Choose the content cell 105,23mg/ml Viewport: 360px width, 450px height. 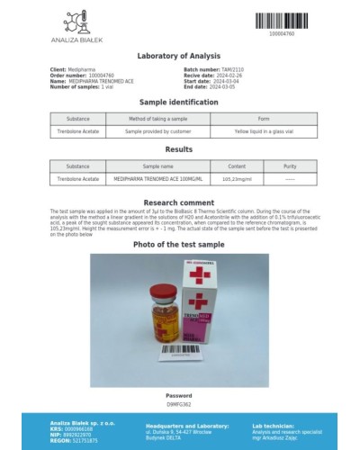click(237, 179)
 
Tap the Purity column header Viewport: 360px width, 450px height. click(290, 166)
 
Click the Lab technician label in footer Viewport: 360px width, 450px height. click(270, 425)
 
